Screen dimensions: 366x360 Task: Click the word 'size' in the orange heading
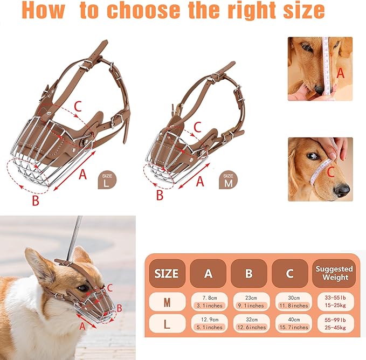(x=303, y=10)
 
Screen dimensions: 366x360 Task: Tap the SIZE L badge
(x=107, y=181)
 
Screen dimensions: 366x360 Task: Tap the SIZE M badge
(x=228, y=181)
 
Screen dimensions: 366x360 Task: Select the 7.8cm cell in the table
(x=209, y=302)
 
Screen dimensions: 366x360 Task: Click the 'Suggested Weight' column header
(x=334, y=273)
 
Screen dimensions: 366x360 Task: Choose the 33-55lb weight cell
(x=335, y=302)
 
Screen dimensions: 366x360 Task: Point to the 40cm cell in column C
(x=294, y=323)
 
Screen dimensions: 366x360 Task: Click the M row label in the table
(x=167, y=302)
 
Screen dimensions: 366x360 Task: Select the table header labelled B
(x=249, y=273)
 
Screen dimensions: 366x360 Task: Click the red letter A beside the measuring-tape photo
(x=340, y=73)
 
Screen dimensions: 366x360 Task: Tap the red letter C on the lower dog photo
(x=330, y=172)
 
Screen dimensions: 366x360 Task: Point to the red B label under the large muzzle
(x=36, y=200)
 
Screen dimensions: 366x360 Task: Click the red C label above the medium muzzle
(x=197, y=127)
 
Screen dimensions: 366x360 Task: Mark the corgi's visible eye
(x=83, y=288)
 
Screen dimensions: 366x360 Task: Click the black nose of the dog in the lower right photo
(x=342, y=190)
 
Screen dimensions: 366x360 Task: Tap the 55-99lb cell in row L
(x=335, y=323)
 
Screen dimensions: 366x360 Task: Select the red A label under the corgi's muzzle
(x=82, y=326)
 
